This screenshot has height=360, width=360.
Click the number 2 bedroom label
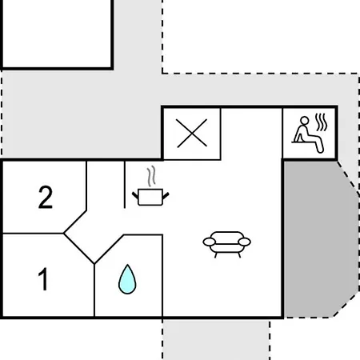click(x=46, y=197)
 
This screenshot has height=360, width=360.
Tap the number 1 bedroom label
click(x=43, y=278)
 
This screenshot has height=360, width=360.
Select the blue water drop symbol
click(x=127, y=279)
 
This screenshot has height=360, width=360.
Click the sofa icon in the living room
click(x=226, y=244)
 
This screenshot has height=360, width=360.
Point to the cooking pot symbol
click(x=150, y=198)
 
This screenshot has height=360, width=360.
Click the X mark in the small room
click(x=192, y=133)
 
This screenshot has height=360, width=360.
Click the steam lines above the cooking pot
click(x=151, y=176)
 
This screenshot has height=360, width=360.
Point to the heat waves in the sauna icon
click(x=322, y=122)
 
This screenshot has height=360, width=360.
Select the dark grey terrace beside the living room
click(x=321, y=239)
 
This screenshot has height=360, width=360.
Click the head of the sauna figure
click(x=304, y=121)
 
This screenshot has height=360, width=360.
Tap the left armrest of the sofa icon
click(x=210, y=242)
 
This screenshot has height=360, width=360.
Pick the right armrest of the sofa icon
click(x=244, y=242)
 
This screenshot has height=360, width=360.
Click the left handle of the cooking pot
click(x=135, y=195)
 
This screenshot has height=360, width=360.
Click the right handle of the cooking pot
click(x=166, y=196)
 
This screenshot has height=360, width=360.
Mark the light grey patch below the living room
click(x=216, y=339)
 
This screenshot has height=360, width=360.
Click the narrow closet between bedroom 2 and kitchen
click(x=106, y=185)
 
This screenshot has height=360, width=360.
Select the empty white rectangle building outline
click(x=57, y=34)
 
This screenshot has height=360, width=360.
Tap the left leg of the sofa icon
click(x=215, y=255)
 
